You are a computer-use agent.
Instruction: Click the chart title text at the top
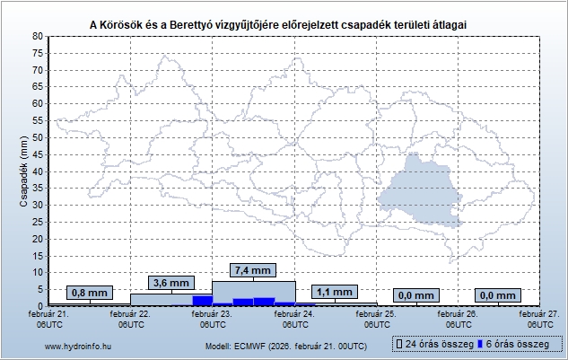click(284, 22)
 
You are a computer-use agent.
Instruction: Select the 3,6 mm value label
click(170, 283)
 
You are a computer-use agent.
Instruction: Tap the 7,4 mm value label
click(252, 269)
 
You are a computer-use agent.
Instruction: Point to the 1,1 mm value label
click(334, 293)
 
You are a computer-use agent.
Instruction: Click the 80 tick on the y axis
click(37, 36)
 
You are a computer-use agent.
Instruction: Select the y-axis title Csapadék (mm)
click(23, 171)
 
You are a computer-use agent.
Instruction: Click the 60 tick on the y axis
click(37, 103)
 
